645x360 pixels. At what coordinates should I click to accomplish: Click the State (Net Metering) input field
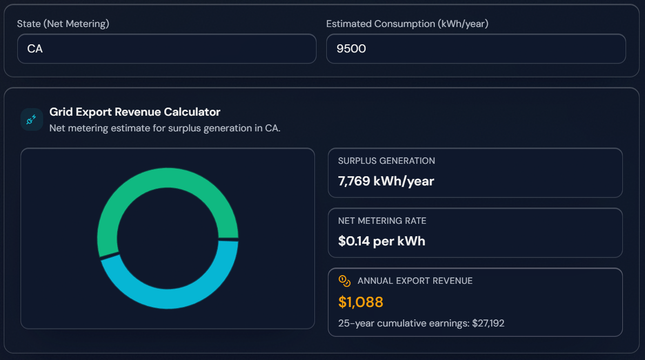click(x=166, y=49)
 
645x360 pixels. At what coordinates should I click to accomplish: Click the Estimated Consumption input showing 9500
click(x=475, y=49)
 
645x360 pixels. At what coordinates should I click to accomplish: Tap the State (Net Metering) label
click(x=63, y=24)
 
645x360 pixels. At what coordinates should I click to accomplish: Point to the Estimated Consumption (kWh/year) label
click(x=407, y=24)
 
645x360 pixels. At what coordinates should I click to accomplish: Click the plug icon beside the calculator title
click(x=31, y=119)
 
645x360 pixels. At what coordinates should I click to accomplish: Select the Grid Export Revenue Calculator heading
click(x=135, y=112)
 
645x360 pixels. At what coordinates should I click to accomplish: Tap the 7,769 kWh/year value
click(x=386, y=181)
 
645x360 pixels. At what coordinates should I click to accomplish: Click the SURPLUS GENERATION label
click(x=386, y=161)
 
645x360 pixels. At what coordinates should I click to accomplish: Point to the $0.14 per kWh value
click(x=381, y=241)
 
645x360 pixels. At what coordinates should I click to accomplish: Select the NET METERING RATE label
click(x=382, y=221)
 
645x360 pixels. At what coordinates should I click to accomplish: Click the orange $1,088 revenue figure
click(x=361, y=302)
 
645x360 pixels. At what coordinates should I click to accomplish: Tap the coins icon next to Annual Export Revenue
click(x=345, y=281)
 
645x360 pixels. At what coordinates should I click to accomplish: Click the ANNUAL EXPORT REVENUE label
click(x=415, y=281)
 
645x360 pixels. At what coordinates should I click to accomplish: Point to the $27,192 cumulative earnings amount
click(x=488, y=323)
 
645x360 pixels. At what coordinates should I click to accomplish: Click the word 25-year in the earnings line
click(x=355, y=323)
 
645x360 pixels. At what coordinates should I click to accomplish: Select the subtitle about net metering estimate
click(x=165, y=128)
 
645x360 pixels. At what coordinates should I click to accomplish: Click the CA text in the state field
click(x=35, y=49)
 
